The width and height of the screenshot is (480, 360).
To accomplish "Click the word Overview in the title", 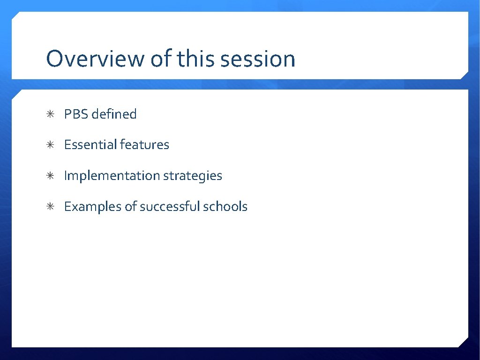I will pyautogui.click(x=96, y=59).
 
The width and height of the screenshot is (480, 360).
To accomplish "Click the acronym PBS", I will pyautogui.click(x=76, y=114).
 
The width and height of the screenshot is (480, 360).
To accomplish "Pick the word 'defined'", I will pyautogui.click(x=114, y=114).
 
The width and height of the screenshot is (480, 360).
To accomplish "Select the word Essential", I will pyautogui.click(x=90, y=145).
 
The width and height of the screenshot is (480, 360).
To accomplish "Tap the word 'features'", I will pyautogui.click(x=144, y=145).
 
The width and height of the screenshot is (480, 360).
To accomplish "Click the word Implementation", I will pyautogui.click(x=112, y=176).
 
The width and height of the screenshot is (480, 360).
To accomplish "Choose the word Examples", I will pyautogui.click(x=93, y=207).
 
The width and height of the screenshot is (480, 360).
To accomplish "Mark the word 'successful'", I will pyautogui.click(x=170, y=207).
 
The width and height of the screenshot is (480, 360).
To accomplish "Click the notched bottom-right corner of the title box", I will pyautogui.click(x=464, y=75).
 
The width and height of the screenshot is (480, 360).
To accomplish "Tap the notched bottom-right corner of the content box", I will pyautogui.click(x=464, y=343).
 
